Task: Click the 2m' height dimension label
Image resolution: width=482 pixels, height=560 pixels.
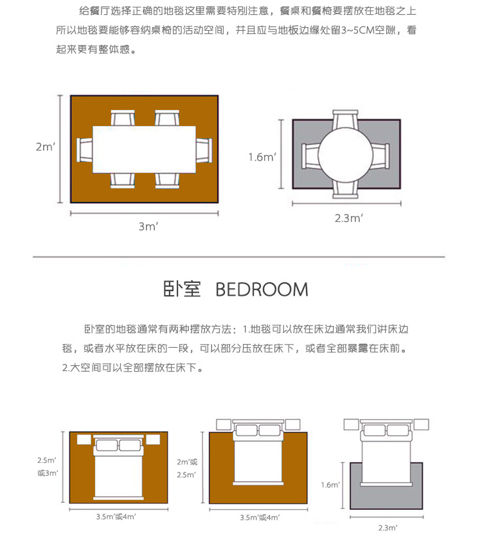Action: [45, 147]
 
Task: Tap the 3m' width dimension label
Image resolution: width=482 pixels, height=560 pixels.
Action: [148, 226]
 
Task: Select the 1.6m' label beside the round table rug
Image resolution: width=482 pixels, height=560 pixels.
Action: [262, 156]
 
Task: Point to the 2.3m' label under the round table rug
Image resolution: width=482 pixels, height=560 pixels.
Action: [349, 218]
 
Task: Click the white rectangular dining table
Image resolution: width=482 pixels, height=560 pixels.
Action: [145, 149]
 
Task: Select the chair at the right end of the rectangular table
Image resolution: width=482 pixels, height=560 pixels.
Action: [204, 150]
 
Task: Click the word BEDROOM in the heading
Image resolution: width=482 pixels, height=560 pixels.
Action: [262, 289]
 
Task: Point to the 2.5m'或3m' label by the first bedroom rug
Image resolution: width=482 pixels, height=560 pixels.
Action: [48, 467]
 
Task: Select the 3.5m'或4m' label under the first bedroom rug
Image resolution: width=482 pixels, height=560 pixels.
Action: [116, 516]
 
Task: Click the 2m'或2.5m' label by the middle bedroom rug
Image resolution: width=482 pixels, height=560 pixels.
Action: [186, 468]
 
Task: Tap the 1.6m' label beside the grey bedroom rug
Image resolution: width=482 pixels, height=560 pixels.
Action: [330, 485]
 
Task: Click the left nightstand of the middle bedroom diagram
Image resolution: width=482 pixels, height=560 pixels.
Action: [222, 424]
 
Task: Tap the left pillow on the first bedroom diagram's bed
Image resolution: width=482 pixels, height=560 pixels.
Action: [107, 446]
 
